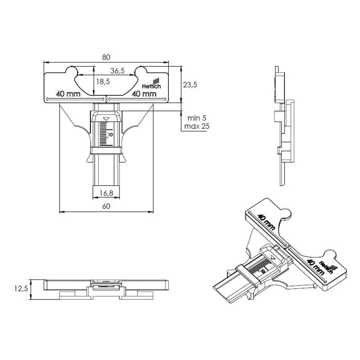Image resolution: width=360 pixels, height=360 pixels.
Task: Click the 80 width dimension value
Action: coord(106,57)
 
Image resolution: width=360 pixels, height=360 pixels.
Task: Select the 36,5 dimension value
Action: coord(117,71)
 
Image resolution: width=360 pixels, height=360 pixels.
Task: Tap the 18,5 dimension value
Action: coord(103,82)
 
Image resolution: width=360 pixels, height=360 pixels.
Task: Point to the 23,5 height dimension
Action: coord(190,85)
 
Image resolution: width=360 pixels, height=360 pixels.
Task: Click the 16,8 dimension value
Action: coord(106,193)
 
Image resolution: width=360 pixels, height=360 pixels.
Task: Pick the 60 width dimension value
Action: coord(106,206)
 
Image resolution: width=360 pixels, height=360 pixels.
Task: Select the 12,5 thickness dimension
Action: coord(21,289)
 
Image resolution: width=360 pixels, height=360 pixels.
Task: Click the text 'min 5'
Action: coord(197,118)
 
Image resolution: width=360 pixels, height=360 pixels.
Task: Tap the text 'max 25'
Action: coord(197,126)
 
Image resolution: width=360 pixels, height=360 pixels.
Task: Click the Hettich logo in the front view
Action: coord(152,84)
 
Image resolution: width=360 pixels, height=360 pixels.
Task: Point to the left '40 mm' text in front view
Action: coord(68,94)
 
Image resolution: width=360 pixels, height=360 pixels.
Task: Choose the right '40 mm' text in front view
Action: coord(144,94)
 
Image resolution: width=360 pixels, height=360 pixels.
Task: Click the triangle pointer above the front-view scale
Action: coord(106,119)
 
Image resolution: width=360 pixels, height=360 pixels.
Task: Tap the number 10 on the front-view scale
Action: coord(111,135)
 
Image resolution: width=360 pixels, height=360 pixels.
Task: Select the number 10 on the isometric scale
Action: coord(263,271)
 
